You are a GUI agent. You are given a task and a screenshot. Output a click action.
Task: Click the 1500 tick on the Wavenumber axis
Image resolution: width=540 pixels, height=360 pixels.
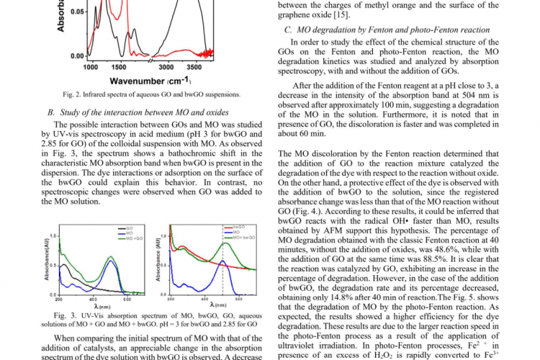pos(119,66)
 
